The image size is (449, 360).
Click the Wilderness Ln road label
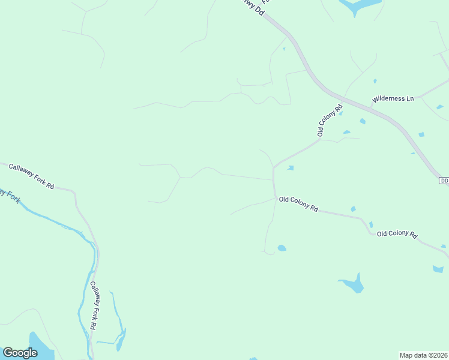point(393,98)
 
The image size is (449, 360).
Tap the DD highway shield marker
point(444,181)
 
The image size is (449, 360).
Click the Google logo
point(20,353)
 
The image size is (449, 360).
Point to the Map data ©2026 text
point(423,355)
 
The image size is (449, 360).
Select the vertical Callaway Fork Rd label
point(94,305)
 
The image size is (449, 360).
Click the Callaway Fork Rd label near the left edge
point(31,177)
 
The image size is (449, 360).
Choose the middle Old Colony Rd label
point(298,204)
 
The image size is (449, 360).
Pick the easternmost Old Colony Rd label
point(397,234)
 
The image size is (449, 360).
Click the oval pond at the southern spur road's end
point(282,248)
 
